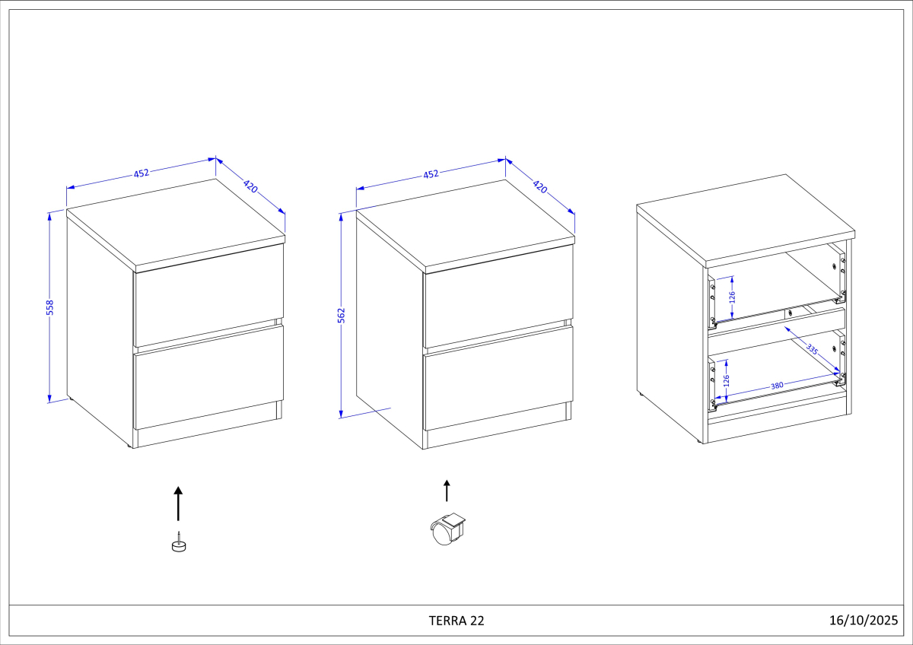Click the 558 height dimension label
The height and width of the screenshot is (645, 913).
[50, 307]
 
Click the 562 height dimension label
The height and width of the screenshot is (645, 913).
[342, 316]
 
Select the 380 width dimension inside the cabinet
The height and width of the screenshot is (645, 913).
[777, 386]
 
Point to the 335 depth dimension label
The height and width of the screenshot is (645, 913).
[812, 351]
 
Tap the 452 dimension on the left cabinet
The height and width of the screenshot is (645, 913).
[142, 173]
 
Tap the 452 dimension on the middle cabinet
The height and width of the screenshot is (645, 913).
[431, 173]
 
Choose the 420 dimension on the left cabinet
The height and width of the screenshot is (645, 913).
[250, 186]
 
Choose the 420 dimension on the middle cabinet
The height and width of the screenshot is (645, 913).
[540, 186]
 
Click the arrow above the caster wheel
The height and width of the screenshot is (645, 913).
[447, 491]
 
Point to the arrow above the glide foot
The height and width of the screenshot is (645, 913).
[179, 503]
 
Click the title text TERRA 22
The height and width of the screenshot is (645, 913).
[456, 620]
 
